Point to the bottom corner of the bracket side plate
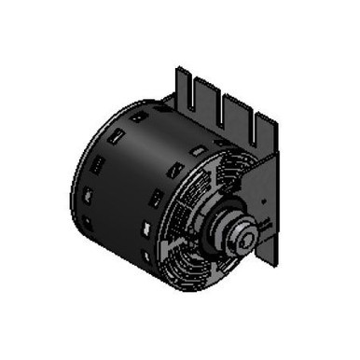pyautogui.click(x=267, y=263)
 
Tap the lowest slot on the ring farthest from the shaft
pyautogui.click(x=90, y=223)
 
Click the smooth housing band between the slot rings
pyautogui.click(x=121, y=187)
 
